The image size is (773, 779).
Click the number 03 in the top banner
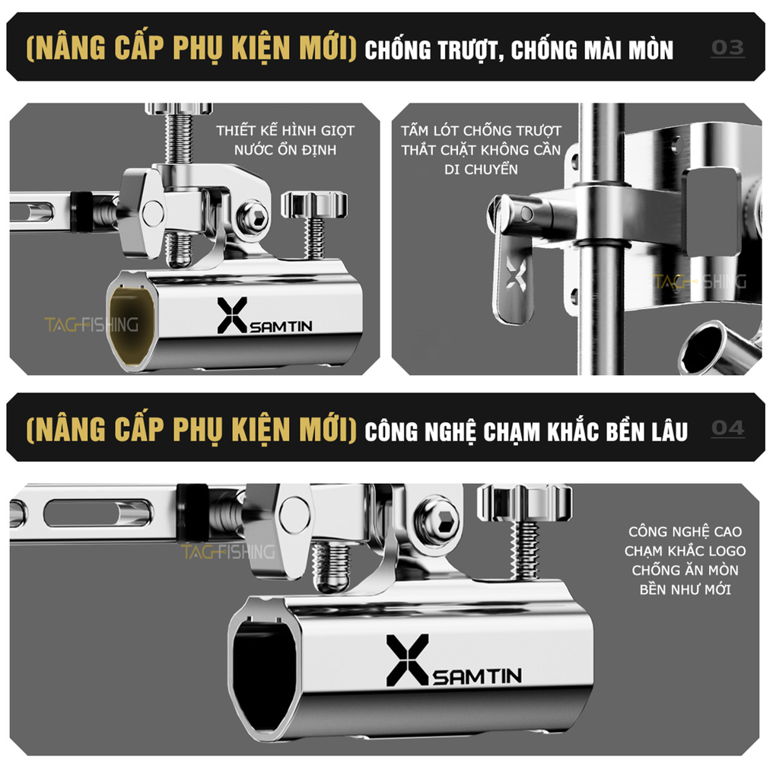(727, 48)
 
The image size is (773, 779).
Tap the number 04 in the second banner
(727, 428)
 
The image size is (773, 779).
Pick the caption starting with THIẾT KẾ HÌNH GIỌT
(285, 140)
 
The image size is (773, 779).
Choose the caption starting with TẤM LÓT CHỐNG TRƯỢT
(480, 150)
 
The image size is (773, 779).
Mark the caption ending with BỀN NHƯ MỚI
(684, 560)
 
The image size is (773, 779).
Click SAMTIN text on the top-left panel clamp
(281, 326)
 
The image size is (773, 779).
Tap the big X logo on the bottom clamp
(407, 660)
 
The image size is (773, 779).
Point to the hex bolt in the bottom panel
(438, 521)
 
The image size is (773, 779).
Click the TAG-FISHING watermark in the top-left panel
(91, 325)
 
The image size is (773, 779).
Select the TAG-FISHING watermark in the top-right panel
(700, 282)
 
